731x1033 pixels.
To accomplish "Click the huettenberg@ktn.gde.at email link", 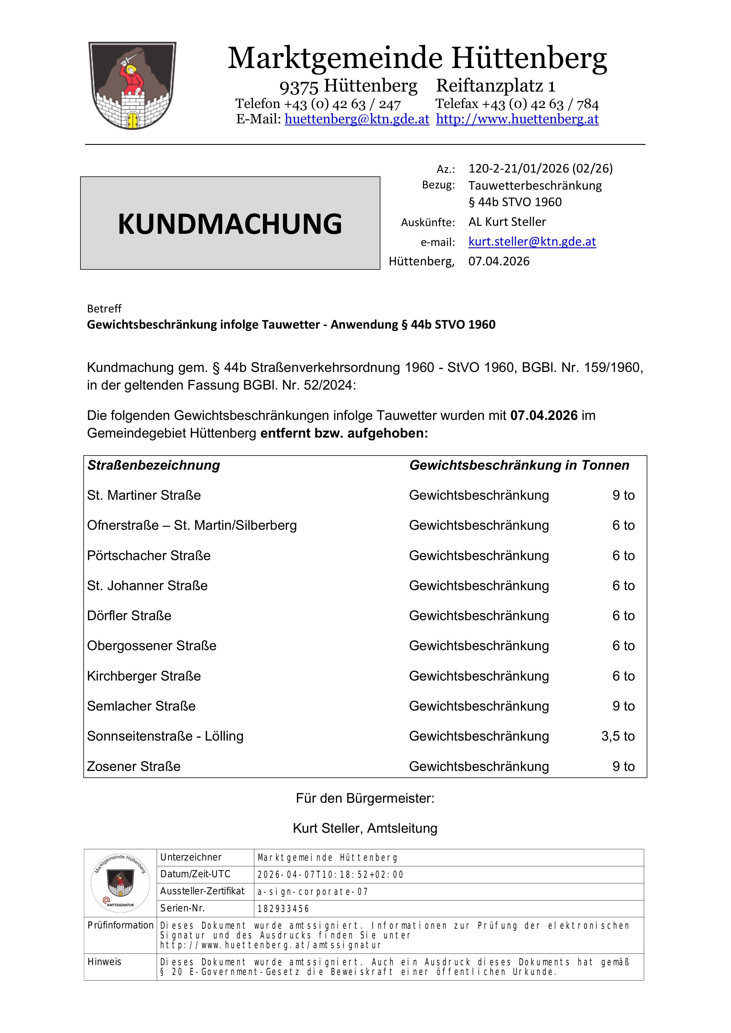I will pos(357,119).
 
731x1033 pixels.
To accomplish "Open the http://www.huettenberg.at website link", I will pos(517,119).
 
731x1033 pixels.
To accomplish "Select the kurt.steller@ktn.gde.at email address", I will pos(532,241).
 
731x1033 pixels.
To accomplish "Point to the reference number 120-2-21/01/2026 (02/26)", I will pos(540,168).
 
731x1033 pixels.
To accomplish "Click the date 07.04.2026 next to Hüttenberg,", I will pos(499,261).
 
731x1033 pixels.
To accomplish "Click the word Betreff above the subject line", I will pos(104,309).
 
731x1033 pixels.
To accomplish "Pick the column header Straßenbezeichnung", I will pos(154,465).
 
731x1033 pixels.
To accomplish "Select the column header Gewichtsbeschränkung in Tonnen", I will pos(519,465).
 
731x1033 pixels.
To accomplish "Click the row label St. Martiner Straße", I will pos(143,495).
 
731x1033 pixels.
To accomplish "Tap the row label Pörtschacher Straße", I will pos(148,556).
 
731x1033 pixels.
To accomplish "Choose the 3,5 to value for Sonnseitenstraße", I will pos(618,736).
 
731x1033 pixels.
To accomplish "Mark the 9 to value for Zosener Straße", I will pos(623,767).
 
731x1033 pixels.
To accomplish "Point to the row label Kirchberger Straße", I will pos(143,676).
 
